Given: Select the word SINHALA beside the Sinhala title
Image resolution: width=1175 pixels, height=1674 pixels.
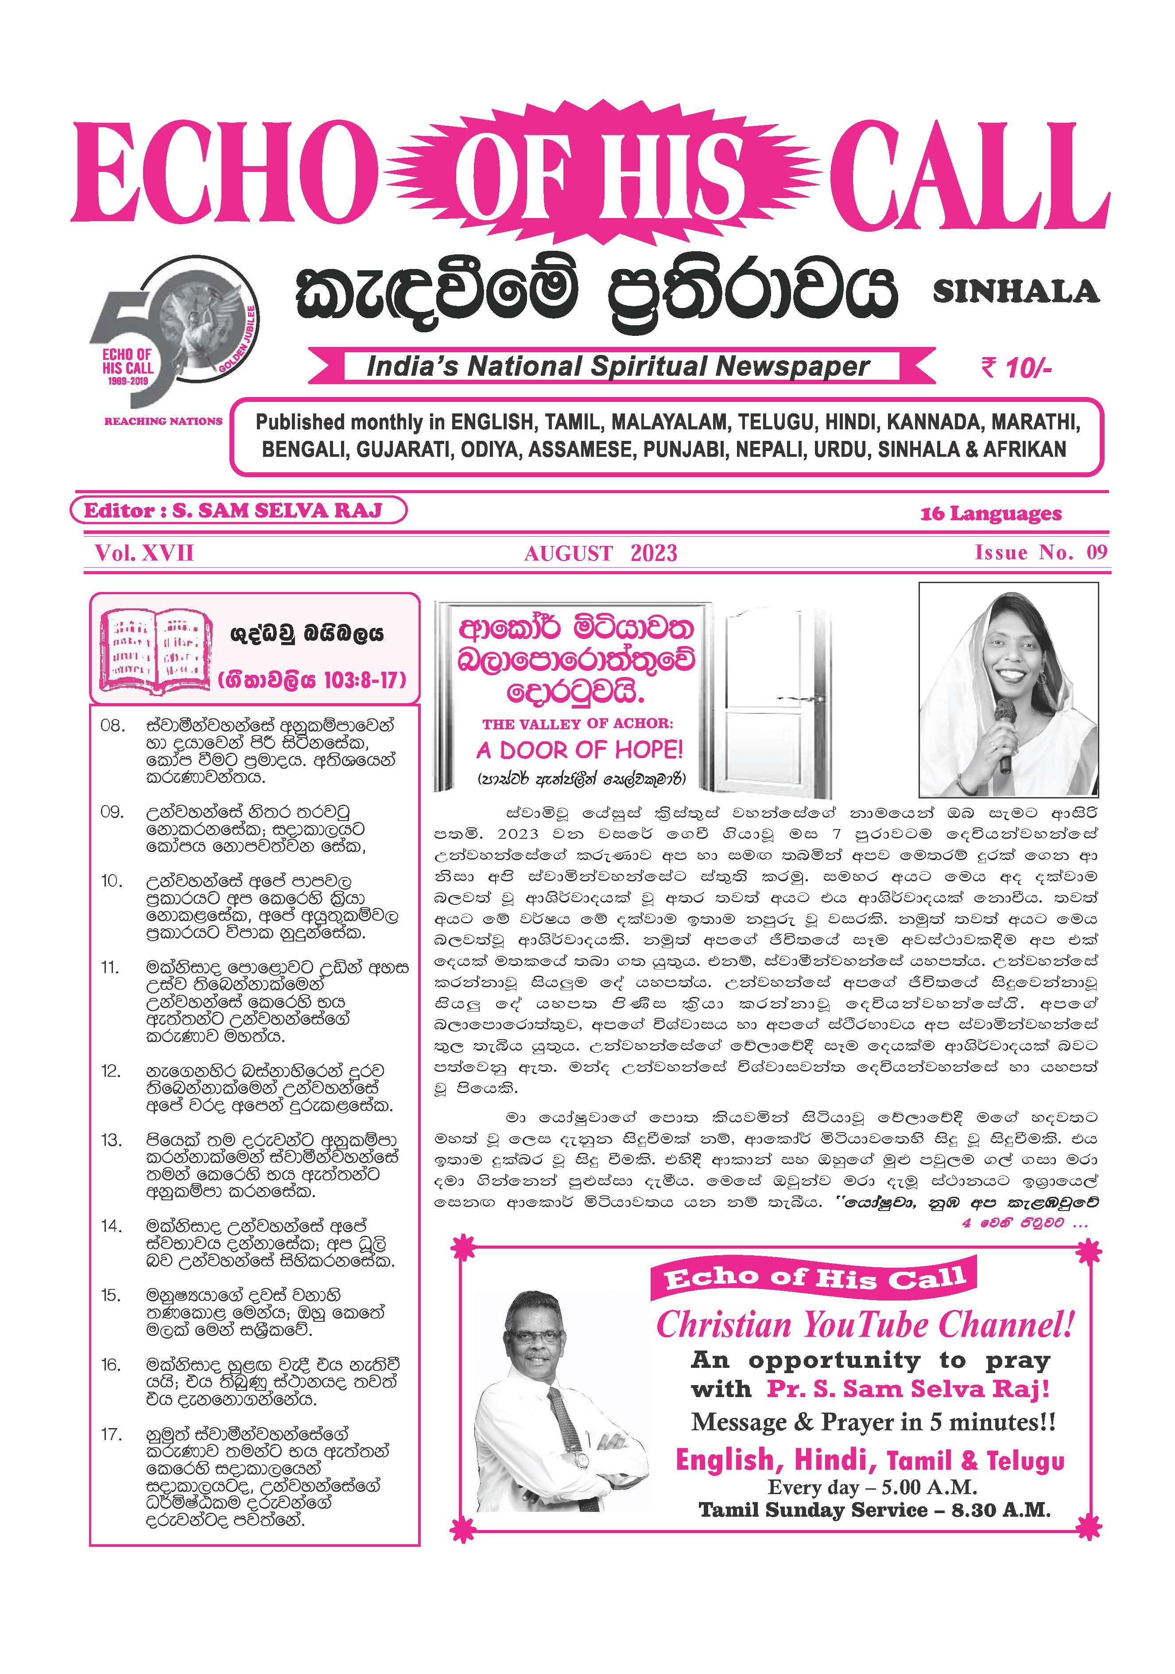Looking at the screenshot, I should point(1016,292).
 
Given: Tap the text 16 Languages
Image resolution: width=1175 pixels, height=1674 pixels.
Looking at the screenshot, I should point(990,514).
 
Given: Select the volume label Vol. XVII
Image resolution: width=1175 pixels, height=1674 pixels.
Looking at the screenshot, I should point(144,553).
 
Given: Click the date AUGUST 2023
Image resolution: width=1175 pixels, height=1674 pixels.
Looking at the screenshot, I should point(600,553).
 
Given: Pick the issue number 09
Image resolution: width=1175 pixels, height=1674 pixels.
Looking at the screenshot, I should point(1096,552).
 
